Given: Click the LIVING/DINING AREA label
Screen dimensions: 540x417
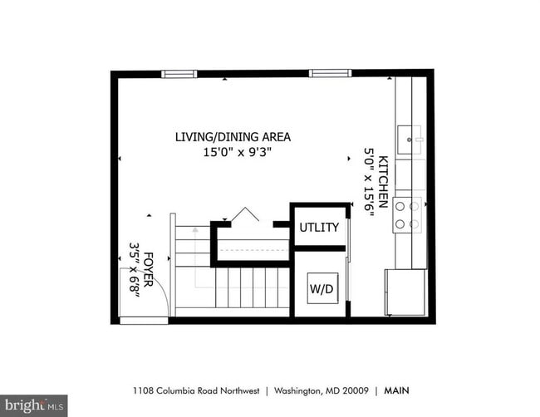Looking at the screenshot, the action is coord(233,137).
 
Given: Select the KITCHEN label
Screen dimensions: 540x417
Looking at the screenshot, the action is coord(383,182).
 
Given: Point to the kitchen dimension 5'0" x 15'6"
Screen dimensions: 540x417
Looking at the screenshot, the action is coord(369,182).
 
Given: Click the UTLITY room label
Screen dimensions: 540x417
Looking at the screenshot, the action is coord(319,228).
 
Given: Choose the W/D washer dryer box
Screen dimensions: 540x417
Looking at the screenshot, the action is coord(322,288).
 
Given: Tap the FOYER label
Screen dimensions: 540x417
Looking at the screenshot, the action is coord(148,270).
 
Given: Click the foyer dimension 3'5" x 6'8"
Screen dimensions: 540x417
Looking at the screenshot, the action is coord(134,267).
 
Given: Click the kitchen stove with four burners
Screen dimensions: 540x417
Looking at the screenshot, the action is coord(407,215).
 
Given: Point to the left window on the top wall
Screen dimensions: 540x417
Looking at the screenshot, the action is coord(179,74).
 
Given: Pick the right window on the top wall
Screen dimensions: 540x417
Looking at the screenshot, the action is coord(331,73).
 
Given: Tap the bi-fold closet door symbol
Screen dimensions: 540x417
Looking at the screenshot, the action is coord(245,214).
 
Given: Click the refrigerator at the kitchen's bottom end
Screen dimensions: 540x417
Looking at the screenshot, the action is coord(406,292).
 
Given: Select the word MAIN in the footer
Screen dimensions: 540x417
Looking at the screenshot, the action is coord(397,390).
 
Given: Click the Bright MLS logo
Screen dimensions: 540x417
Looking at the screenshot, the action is coord(34,405).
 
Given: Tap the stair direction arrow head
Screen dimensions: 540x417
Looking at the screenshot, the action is coord(195,229).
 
